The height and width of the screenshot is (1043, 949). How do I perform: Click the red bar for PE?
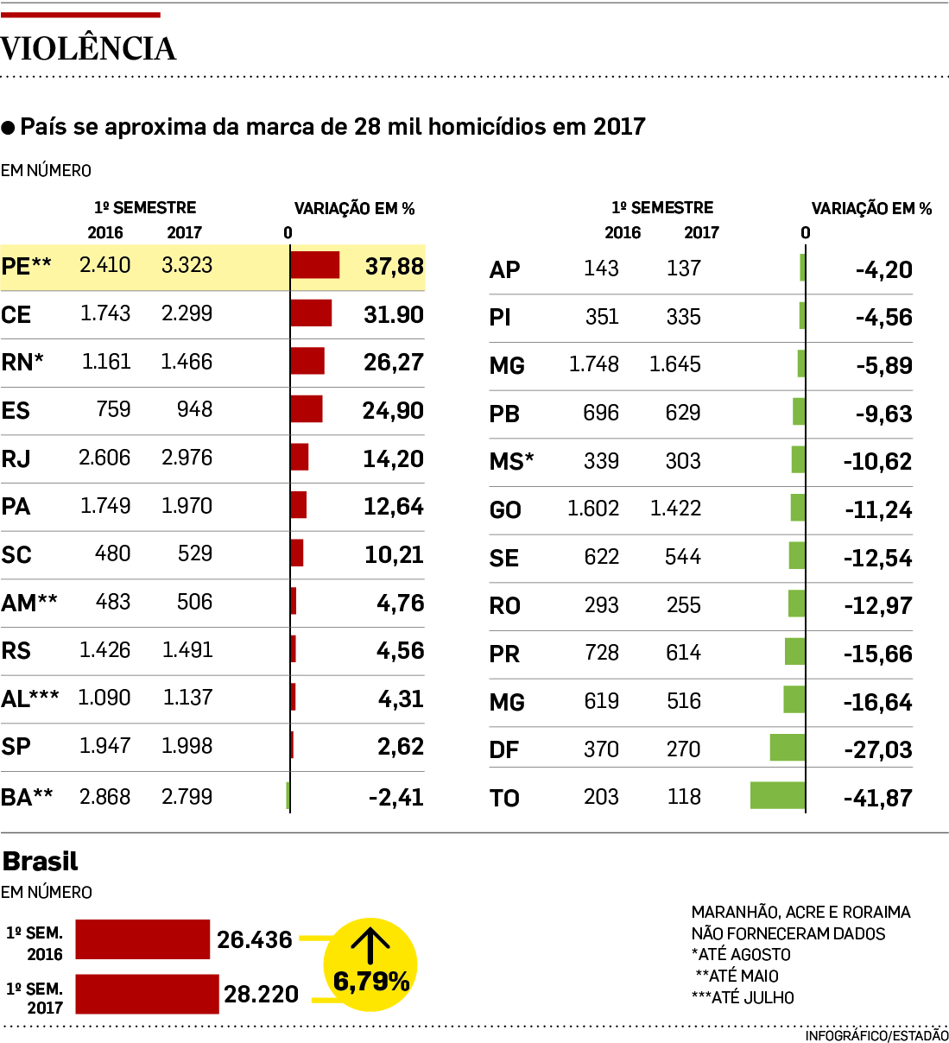coord(315,265)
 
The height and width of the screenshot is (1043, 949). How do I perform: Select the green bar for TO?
coord(777,795)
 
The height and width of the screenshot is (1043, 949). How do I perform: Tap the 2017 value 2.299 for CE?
coord(187,313)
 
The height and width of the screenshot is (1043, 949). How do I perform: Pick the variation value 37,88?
coord(394,266)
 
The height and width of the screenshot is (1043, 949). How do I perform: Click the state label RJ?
coord(16,458)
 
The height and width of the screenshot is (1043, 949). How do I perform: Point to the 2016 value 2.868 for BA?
coord(104,796)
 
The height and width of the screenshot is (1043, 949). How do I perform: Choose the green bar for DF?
coord(787,748)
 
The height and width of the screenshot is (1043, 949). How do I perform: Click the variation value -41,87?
coord(877,798)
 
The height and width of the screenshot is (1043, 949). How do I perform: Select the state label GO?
coord(505,509)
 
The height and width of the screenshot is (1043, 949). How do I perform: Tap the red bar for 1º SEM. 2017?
coord(147,994)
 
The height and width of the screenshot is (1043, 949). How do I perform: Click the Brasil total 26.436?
coord(255,939)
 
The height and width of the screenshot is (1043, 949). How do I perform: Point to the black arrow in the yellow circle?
coord(370,945)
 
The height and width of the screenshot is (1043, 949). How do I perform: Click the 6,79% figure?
coord(371,982)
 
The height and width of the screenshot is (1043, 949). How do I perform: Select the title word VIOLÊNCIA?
coord(88,48)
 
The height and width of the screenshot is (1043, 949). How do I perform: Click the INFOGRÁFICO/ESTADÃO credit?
coord(876,1035)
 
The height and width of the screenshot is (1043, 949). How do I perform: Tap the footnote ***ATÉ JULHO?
coord(743,997)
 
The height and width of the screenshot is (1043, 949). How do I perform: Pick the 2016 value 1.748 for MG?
coord(593,364)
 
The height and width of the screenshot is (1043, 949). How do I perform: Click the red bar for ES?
coord(307,409)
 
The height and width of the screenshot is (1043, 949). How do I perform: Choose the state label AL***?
coord(30,698)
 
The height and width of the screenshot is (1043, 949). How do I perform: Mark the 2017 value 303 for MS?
coord(682,461)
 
